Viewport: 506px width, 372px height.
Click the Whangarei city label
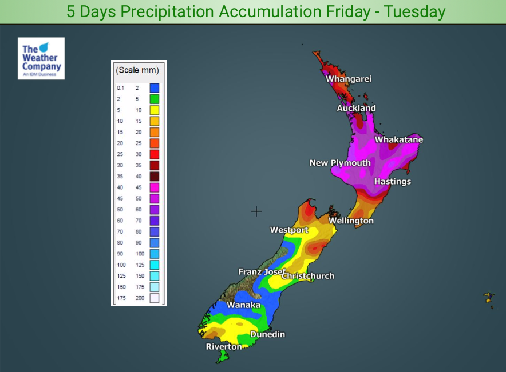pyautogui.click(x=349, y=79)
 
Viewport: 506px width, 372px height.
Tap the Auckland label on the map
pyautogui.click(x=356, y=108)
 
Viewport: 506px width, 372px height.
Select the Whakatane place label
pyautogui.click(x=399, y=139)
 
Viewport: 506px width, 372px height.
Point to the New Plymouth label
pyautogui.click(x=340, y=163)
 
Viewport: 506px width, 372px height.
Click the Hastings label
pyautogui.click(x=393, y=182)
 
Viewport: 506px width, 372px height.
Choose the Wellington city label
pyautogui.click(x=351, y=221)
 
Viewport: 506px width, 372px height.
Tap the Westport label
pyautogui.click(x=289, y=230)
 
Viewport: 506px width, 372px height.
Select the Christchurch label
pyautogui.click(x=308, y=276)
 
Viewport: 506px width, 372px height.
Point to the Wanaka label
pyautogui.click(x=244, y=305)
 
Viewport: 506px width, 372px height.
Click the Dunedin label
pyautogui.click(x=267, y=334)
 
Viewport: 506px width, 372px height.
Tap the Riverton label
pyautogui.click(x=224, y=347)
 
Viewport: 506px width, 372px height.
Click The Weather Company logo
pyautogui.click(x=41, y=58)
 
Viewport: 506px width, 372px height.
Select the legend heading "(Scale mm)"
pyautogui.click(x=137, y=70)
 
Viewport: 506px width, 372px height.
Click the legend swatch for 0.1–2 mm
pyautogui.click(x=154, y=88)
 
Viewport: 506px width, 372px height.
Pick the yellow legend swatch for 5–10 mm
pyautogui.click(x=154, y=110)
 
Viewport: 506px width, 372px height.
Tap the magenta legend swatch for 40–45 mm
pyautogui.click(x=154, y=187)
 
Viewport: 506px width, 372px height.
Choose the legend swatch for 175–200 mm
pyautogui.click(x=154, y=298)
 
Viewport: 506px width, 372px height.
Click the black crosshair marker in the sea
pyautogui.click(x=256, y=211)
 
